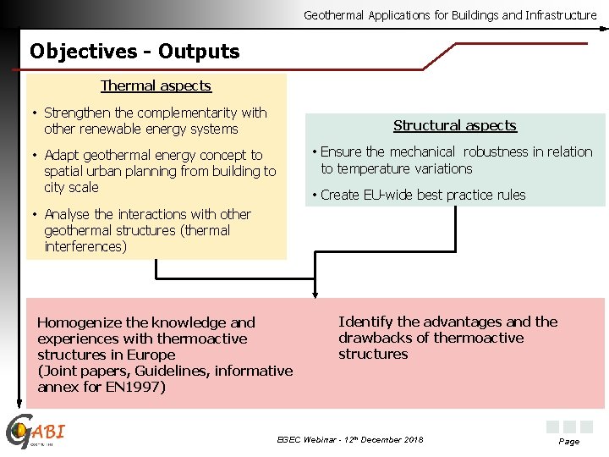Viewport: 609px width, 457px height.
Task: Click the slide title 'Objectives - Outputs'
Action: (134, 52)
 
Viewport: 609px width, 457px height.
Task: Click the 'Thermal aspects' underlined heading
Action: (156, 85)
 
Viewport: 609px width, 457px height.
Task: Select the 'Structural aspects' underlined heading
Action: (455, 125)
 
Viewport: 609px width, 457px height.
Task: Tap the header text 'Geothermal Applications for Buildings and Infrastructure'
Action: (450, 15)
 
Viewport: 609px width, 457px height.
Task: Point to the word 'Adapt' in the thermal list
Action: (61, 155)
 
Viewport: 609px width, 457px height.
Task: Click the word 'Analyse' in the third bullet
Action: (67, 214)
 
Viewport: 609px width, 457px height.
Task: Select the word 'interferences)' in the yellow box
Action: (85, 246)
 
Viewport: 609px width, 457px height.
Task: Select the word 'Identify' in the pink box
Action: (365, 322)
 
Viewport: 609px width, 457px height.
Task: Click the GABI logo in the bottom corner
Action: (34, 432)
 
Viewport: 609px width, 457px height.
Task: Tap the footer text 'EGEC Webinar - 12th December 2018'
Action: (350, 439)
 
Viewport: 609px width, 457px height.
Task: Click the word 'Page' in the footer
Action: (569, 442)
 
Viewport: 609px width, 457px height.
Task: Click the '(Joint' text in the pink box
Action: (59, 371)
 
